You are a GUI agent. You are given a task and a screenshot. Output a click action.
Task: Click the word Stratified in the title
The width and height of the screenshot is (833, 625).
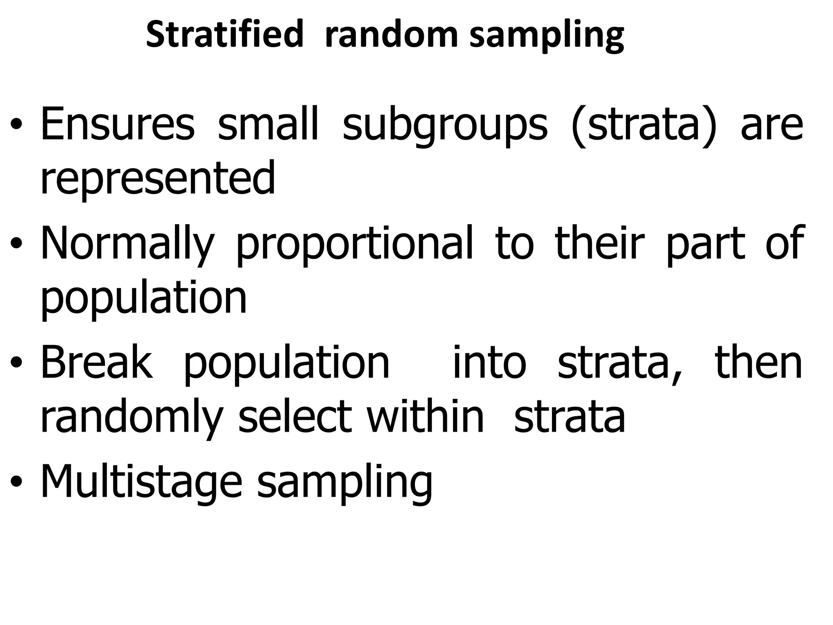click(225, 35)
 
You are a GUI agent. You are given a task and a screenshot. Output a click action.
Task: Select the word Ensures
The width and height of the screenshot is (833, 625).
click(118, 124)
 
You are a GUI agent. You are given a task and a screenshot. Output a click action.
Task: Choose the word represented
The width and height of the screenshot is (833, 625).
click(158, 178)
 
